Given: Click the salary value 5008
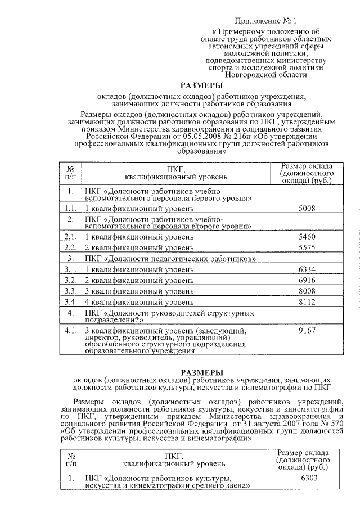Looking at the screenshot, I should (307, 209).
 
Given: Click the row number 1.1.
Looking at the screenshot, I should (70, 209).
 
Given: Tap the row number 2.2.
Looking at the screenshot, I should (70, 247).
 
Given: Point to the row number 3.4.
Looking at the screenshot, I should (70, 301).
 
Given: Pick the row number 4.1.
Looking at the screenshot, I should (70, 331).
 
